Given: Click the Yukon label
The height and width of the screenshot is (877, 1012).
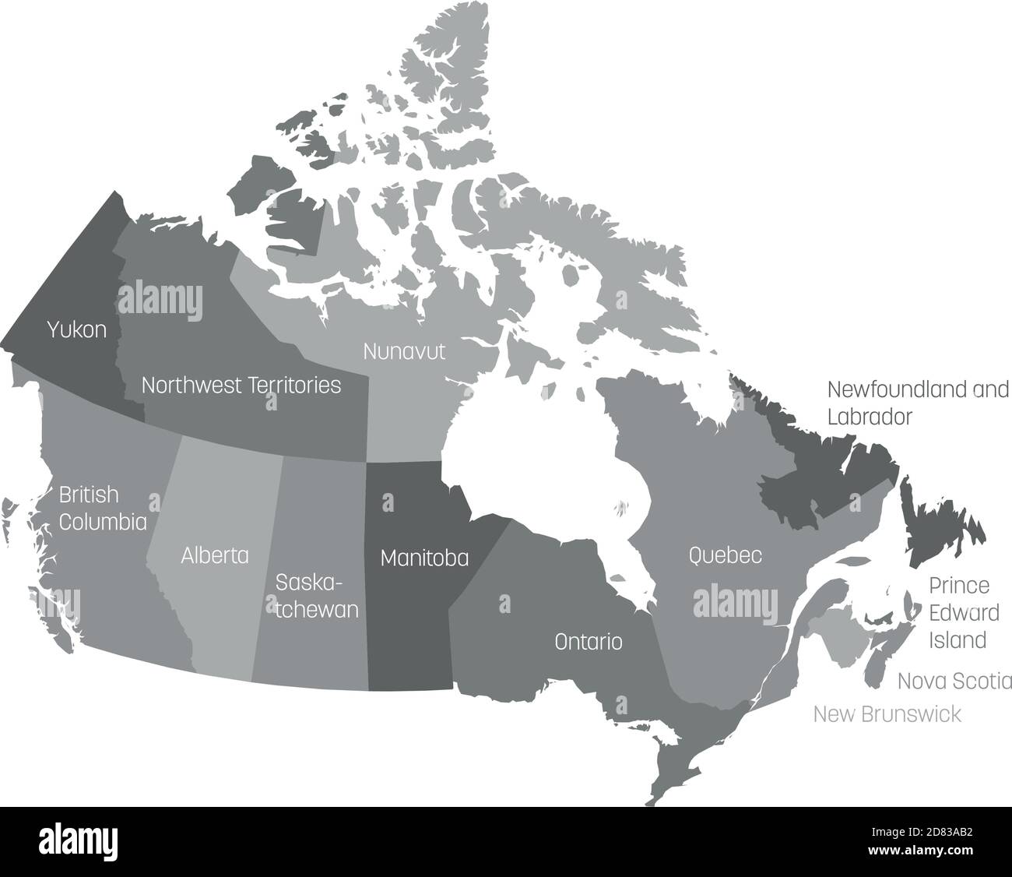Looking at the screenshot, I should [76, 330].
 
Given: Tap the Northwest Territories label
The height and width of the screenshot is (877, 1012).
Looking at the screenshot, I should [241, 385].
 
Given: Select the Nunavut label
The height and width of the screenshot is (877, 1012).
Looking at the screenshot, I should [404, 351].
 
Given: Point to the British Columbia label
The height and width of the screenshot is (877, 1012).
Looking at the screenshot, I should [103, 508].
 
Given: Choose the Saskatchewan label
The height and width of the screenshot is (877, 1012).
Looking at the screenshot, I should [317, 596].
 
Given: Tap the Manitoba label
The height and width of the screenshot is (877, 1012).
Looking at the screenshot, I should [424, 558].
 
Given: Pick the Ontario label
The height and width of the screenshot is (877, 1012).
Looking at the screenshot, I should [588, 642].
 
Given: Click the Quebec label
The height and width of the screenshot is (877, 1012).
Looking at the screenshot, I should [725, 555].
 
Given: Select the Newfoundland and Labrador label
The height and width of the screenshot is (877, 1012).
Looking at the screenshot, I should [917, 403].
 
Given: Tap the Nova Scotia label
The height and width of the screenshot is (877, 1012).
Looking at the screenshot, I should [954, 682].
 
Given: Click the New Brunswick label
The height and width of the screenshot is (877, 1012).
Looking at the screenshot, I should [887, 714].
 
